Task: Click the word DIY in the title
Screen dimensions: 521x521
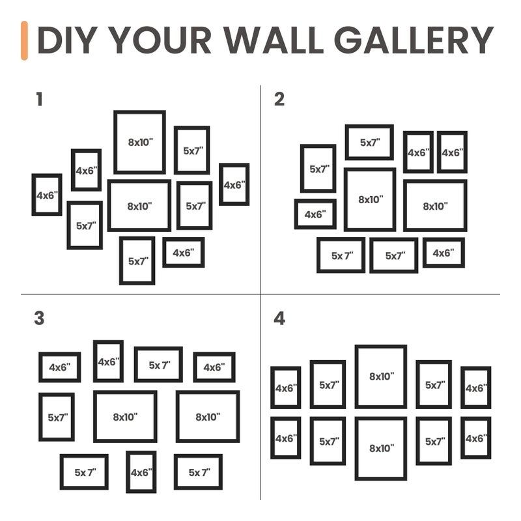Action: click(x=67, y=40)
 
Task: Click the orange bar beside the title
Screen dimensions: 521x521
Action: click(x=24, y=40)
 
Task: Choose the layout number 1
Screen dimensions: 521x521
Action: click(x=40, y=100)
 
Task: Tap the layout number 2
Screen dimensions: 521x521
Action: click(x=279, y=100)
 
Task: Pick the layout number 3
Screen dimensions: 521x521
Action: click(x=40, y=318)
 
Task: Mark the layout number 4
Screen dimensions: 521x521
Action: click(x=279, y=318)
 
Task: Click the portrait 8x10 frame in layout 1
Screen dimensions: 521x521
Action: click(x=139, y=142)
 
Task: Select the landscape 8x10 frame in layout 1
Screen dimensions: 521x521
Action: click(x=139, y=206)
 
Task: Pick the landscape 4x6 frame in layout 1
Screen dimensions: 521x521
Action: click(x=183, y=253)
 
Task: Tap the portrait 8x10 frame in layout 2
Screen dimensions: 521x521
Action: click(x=370, y=200)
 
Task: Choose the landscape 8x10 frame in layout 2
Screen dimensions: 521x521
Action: click(x=435, y=206)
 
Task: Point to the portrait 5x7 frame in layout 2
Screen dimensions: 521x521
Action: click(x=318, y=169)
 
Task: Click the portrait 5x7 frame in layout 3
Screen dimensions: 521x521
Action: click(x=56, y=417)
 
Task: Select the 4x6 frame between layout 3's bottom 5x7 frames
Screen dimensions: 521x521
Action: click(x=141, y=472)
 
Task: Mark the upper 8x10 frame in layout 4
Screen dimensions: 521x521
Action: click(x=381, y=376)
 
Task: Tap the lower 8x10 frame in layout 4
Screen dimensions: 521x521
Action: click(x=381, y=448)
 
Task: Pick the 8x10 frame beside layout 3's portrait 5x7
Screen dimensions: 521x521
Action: click(x=125, y=417)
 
